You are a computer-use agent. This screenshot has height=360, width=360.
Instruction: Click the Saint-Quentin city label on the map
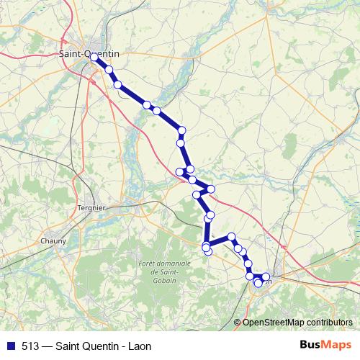[89, 53]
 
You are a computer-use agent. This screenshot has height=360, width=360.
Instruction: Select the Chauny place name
[54, 240]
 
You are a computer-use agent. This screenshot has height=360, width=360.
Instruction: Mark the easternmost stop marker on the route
[266, 276]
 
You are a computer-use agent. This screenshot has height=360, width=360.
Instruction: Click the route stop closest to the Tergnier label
[180, 171]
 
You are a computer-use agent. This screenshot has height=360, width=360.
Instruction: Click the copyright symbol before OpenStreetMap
[238, 322]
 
